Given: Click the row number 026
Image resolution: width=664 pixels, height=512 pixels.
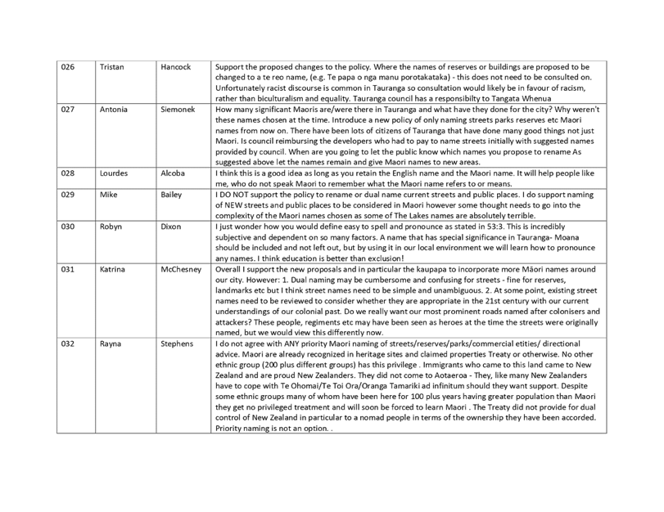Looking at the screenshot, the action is click(x=68, y=67).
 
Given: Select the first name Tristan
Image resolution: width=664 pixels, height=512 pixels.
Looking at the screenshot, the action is click(x=112, y=67).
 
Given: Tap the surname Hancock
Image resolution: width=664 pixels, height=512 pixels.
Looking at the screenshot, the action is click(x=176, y=67).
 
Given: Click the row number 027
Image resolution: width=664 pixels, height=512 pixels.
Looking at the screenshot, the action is click(x=68, y=109).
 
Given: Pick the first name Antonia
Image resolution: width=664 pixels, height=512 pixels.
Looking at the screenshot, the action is click(x=114, y=109).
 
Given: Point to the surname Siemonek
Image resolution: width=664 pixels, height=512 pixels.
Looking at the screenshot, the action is click(x=178, y=109).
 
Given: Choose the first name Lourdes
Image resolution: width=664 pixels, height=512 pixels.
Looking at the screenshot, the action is click(x=114, y=173).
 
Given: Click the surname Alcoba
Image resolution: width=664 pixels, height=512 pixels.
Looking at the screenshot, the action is click(x=173, y=173).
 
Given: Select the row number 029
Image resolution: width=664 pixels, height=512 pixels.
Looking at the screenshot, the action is click(x=68, y=195).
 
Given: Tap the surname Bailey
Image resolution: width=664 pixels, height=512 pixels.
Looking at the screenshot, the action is click(x=171, y=195).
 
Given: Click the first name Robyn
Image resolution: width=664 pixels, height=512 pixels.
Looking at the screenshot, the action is click(x=111, y=227).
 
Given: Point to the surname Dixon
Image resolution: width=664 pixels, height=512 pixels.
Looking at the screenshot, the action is click(x=170, y=227).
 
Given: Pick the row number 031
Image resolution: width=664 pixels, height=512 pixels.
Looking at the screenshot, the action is click(x=68, y=269).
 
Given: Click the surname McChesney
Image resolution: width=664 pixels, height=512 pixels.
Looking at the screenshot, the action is click(x=181, y=269).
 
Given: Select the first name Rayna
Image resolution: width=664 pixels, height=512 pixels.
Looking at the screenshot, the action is click(x=110, y=344).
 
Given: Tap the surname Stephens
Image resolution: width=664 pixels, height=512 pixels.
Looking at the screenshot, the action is click(x=177, y=344).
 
